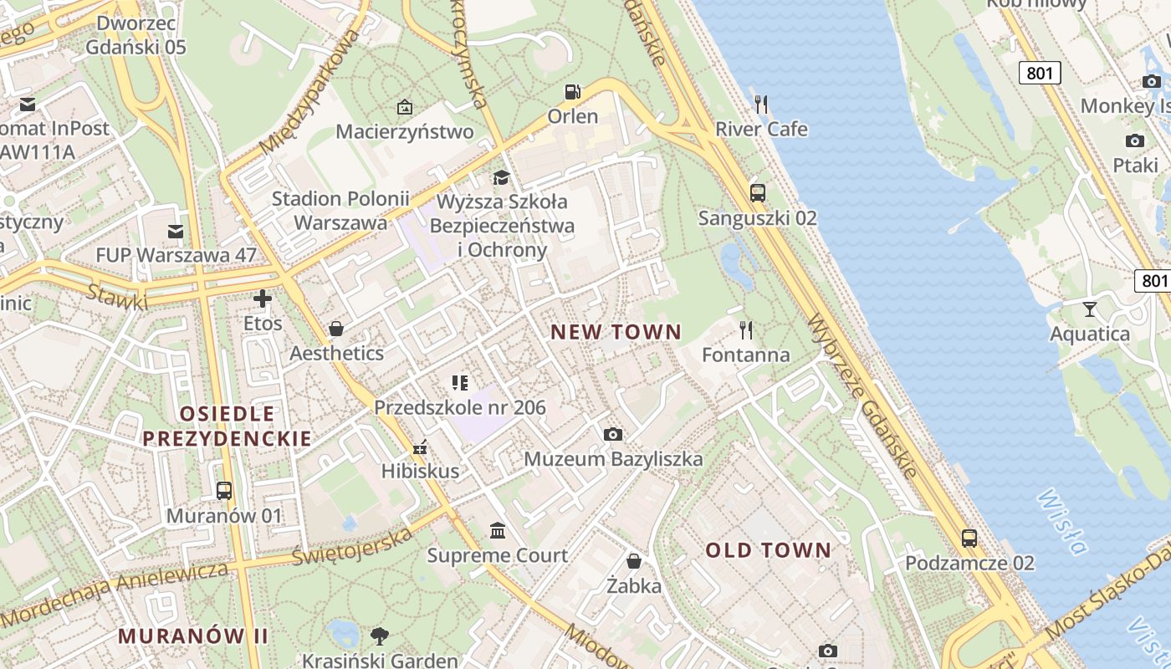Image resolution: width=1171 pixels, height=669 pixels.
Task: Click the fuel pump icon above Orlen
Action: click(573, 92)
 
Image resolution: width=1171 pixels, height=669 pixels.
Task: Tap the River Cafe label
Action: click(761, 129)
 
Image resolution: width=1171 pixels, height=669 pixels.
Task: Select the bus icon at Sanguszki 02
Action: click(758, 193)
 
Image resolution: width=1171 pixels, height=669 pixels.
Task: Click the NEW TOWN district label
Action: click(616, 332)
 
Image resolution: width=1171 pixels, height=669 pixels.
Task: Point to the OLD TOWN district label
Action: click(768, 550)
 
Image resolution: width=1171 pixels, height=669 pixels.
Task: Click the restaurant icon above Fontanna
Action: click(746, 330)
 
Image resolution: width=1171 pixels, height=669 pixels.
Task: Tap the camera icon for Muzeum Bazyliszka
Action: click(613, 434)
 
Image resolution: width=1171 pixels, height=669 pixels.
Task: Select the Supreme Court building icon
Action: click(499, 531)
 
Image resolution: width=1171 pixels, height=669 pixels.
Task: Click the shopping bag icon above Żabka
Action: click(634, 561)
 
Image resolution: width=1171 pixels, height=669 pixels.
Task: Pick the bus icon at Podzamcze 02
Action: click(969, 539)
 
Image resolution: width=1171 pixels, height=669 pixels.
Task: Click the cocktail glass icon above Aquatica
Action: click(1089, 309)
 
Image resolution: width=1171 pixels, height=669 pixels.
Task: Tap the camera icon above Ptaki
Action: click(1135, 140)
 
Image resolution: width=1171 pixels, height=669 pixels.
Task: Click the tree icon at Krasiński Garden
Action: click(380, 636)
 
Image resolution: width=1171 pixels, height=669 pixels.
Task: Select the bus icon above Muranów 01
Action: click(224, 491)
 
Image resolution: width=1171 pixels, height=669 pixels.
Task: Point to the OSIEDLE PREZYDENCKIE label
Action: click(227, 426)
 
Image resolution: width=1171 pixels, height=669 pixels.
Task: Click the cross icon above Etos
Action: click(263, 299)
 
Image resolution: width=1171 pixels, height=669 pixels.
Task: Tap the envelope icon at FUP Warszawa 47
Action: click(176, 231)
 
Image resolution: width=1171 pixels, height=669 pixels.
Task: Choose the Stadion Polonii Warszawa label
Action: click(340, 211)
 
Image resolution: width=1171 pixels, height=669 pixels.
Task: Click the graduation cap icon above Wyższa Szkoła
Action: click(501, 177)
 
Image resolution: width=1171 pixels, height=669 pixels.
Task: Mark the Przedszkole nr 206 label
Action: click(460, 407)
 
